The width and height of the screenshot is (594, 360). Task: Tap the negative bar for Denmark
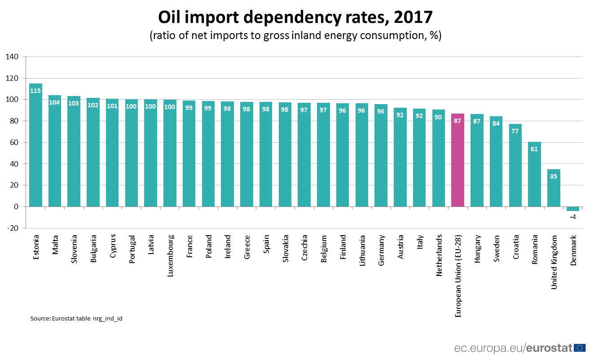pyautogui.click(x=572, y=209)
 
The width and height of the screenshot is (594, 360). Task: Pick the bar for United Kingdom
pyautogui.click(x=554, y=188)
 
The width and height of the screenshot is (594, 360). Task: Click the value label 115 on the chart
pyautogui.click(x=35, y=91)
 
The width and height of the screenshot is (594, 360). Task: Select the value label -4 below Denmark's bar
pyautogui.click(x=573, y=217)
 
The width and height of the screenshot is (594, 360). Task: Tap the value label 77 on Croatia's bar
pyautogui.click(x=515, y=132)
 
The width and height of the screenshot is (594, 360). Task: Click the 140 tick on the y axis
pyautogui.click(x=12, y=57)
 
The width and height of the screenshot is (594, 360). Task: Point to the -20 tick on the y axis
pyautogui.click(x=12, y=228)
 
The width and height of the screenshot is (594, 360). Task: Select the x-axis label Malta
pyautogui.click(x=55, y=244)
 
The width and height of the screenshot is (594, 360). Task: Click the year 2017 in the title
pyautogui.click(x=413, y=17)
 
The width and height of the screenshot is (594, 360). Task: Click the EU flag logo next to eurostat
pyautogui.click(x=580, y=347)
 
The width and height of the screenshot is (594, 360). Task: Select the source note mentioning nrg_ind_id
pyautogui.click(x=76, y=318)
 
